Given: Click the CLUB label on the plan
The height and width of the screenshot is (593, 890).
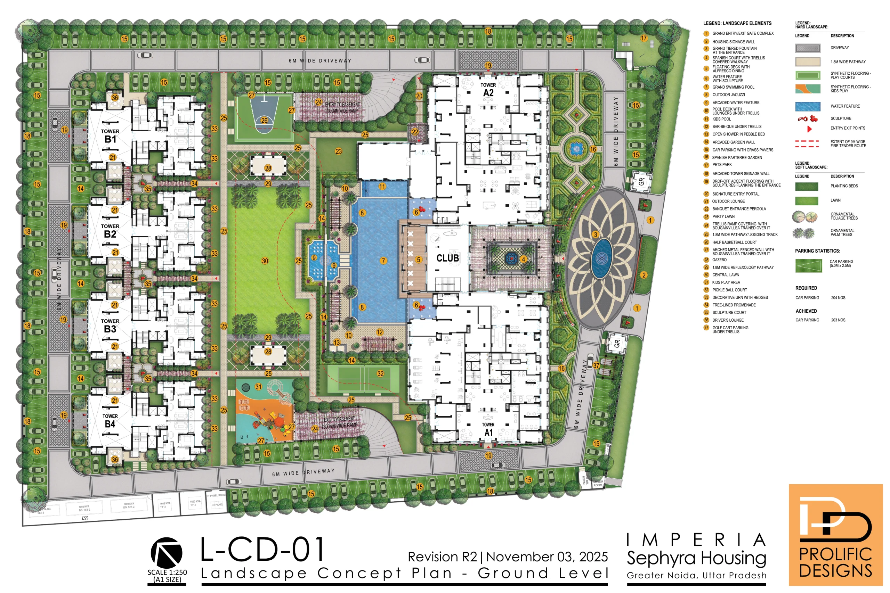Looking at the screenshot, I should coord(448,258).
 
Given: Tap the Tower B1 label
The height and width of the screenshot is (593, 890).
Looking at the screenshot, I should coord(110,136).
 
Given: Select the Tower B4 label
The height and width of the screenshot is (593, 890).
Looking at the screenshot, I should coord(110,421).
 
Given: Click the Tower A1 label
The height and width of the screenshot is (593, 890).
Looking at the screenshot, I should coord(488,429).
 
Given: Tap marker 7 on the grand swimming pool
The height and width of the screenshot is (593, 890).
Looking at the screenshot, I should coord(383,261).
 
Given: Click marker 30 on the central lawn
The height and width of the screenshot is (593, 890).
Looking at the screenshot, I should coord(265,261).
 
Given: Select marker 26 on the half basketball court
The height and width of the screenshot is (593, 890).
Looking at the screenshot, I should coord(264,121).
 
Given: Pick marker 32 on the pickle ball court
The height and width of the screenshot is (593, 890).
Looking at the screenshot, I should coord(380,374).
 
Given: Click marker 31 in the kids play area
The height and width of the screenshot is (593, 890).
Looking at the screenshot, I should coord(258,387).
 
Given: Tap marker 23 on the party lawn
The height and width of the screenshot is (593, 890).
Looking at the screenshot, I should coord(338,151).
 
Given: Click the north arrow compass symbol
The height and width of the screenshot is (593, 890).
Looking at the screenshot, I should coord(167,553).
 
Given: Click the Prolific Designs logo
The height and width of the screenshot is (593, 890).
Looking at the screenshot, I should coord(835,535).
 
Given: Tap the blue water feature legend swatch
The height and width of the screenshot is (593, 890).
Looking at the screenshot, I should coord(808,107).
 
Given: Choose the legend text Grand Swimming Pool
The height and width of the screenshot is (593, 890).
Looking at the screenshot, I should coord(733,87).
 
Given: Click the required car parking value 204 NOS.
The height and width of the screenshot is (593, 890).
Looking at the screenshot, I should coord(839,298).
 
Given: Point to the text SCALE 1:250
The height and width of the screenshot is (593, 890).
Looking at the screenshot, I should coord(167,572).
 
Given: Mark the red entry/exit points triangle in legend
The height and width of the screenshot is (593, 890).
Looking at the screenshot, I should coord(809,129).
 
